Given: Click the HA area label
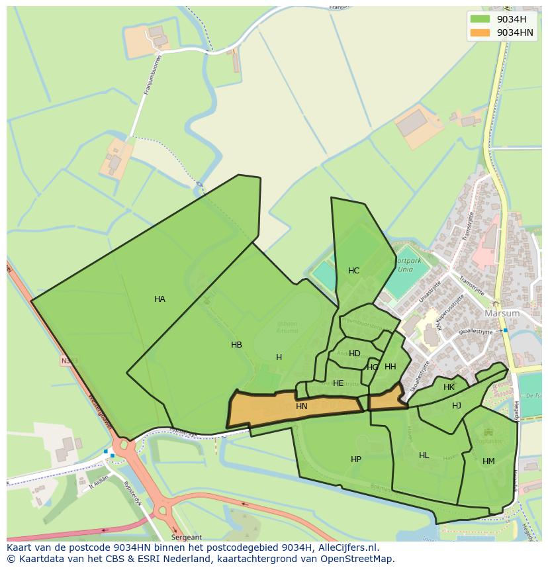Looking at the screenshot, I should tap(160, 299).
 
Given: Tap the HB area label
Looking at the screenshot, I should tap(236, 345).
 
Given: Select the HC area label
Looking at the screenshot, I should tap(353, 271).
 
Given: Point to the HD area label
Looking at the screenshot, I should tap(355, 354).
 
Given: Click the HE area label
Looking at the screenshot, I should tap(338, 383).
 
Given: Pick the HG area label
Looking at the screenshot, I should tap(373, 367).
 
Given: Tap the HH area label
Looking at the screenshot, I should tap(390, 367).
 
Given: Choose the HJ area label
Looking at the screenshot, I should tap(457, 406).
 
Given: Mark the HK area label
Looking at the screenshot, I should tap(449, 387).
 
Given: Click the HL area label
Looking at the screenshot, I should tap(424, 455).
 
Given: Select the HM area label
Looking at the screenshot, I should tap(488, 461).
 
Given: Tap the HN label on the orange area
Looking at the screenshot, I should tap(302, 406).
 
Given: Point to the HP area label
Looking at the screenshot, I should tap(356, 459).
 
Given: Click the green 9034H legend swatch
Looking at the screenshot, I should tap(480, 19).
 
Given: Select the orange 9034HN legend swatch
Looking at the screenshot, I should tap(480, 32).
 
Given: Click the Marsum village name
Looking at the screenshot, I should tap(502, 313).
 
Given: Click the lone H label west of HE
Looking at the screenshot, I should tap(279, 357).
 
